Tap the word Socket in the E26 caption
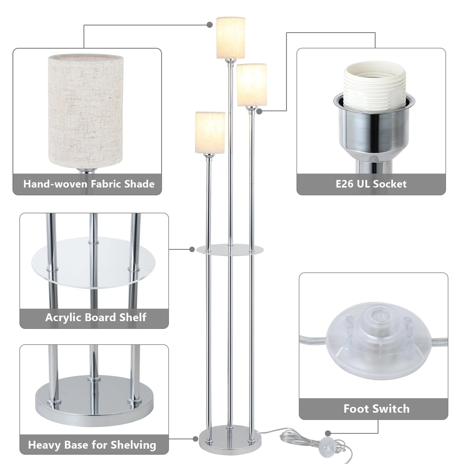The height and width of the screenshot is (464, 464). pyautogui.click(x=390, y=184)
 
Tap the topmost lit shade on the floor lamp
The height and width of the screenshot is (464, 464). pyautogui.click(x=231, y=38)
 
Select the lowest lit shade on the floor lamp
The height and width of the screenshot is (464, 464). pyautogui.click(x=210, y=132)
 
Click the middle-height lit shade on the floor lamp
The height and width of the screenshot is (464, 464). pyautogui.click(x=252, y=85)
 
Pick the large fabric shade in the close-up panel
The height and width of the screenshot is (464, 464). pyautogui.click(x=86, y=112)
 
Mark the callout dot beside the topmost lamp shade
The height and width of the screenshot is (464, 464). pyautogui.click(x=210, y=25)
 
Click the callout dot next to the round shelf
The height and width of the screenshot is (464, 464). pyautogui.click(x=192, y=249)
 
